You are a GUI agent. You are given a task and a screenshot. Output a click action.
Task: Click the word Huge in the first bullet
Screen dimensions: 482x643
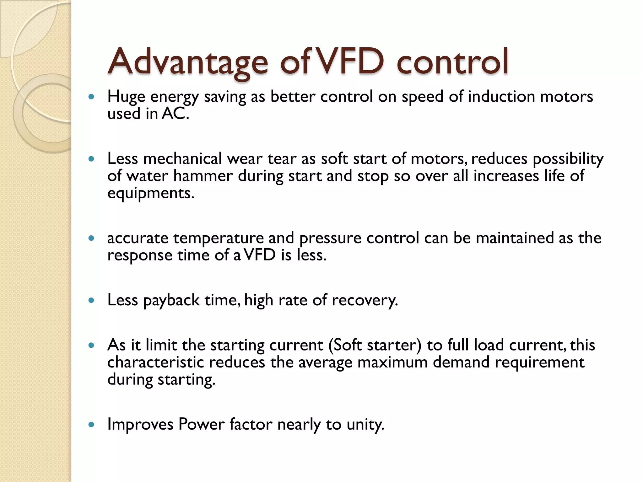click(x=126, y=97)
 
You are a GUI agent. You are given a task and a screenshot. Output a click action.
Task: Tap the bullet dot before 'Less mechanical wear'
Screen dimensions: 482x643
click(x=91, y=159)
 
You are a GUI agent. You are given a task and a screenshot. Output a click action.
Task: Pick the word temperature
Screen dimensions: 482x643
click(x=218, y=238)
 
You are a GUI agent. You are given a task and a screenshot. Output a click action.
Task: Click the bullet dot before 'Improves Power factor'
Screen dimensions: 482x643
click(x=91, y=425)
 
